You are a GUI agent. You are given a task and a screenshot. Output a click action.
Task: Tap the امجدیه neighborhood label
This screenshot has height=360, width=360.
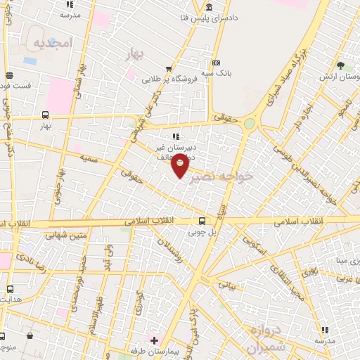[x=52, y=42]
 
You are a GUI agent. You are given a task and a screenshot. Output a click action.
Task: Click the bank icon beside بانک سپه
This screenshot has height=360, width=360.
[x=215, y=62]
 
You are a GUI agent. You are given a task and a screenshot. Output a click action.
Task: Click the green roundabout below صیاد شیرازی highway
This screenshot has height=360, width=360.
[x=249, y=124]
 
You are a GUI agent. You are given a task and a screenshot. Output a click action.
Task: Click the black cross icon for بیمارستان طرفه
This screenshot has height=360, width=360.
[x=155, y=340]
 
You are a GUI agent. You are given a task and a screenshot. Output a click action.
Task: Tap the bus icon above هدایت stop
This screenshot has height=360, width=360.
[x=10, y=289]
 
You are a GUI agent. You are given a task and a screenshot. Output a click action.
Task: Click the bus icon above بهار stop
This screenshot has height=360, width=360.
[x=46, y=115]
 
